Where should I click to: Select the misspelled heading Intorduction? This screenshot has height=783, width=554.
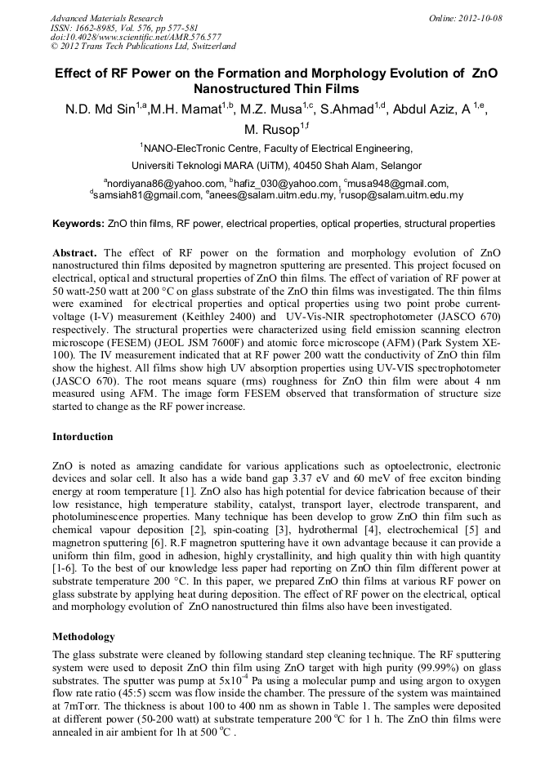[x=83, y=437]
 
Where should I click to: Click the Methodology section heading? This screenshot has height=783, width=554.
[x=83, y=636]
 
